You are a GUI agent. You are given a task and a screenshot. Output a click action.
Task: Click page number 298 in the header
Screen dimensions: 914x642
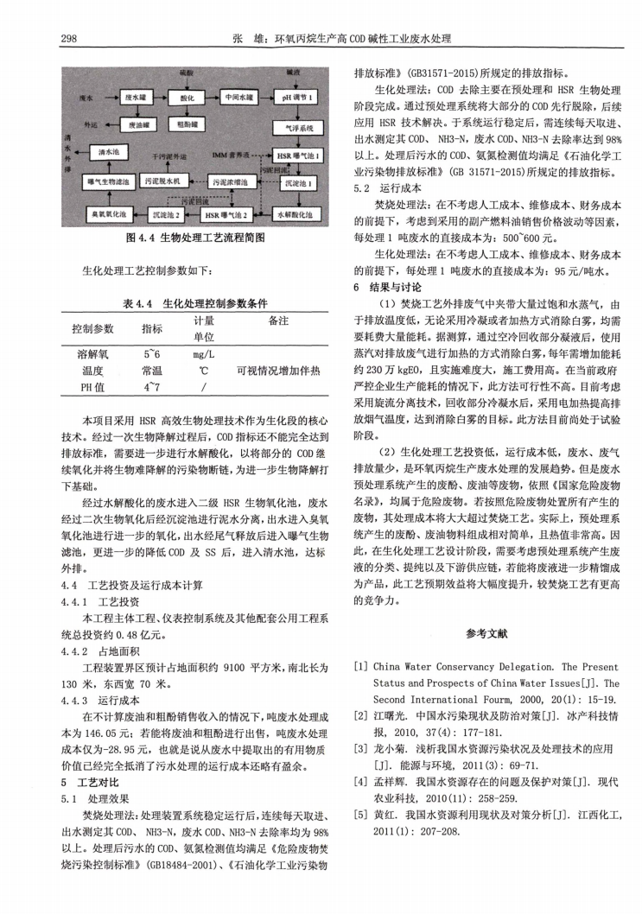pos(71,39)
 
